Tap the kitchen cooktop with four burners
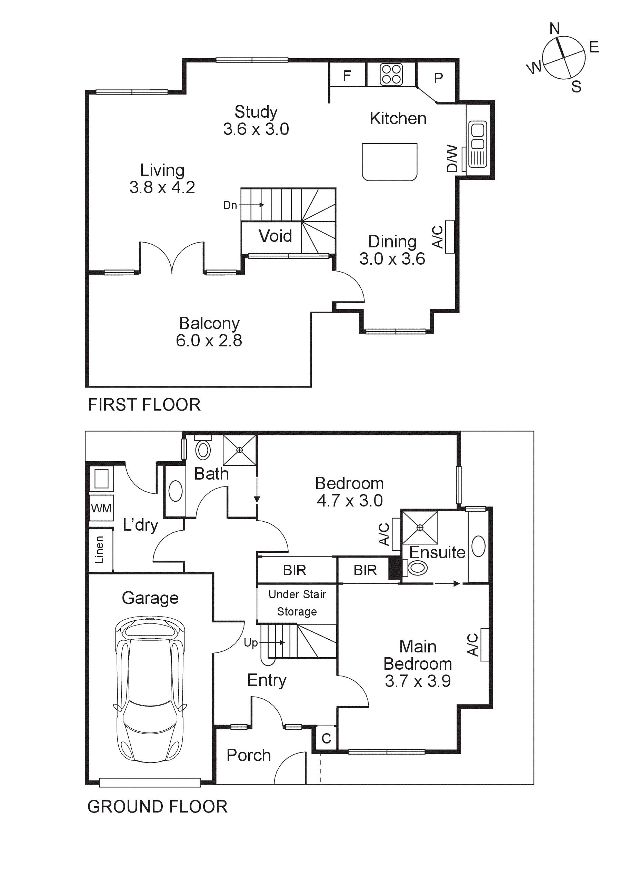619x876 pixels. (x=391, y=74)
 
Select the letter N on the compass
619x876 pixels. (x=555, y=29)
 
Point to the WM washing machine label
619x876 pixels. (x=101, y=508)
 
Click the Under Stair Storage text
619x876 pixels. (x=297, y=603)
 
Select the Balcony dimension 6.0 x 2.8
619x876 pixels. (x=209, y=340)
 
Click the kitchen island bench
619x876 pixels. (x=389, y=162)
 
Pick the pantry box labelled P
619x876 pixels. (x=438, y=78)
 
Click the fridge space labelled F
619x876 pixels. (x=347, y=76)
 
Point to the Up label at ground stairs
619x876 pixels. (x=251, y=643)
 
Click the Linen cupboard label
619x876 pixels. (x=100, y=549)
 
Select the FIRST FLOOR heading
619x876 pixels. (x=144, y=405)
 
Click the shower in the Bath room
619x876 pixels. (x=240, y=450)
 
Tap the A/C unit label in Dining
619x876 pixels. (x=438, y=237)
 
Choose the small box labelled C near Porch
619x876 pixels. (x=326, y=739)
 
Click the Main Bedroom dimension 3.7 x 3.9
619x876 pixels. (x=418, y=681)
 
